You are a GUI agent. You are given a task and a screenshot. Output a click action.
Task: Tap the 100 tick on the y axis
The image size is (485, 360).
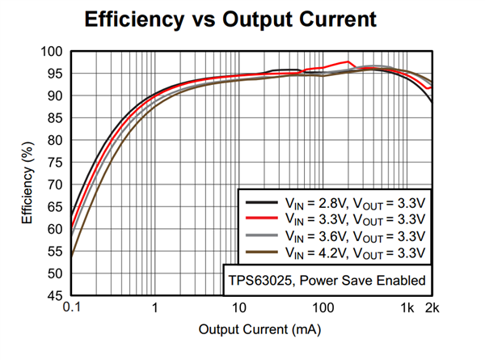53,52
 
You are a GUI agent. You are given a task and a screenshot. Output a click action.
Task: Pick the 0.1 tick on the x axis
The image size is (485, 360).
71,308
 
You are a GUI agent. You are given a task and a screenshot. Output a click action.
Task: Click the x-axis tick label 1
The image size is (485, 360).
154,308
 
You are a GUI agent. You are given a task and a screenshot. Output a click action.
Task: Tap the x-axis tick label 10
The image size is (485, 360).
239,308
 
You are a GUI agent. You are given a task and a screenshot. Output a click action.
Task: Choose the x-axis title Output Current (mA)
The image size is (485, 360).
252,330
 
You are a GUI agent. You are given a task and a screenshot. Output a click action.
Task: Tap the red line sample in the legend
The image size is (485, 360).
258,218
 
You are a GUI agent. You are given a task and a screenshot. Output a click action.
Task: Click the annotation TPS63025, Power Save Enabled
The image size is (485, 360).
325,282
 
